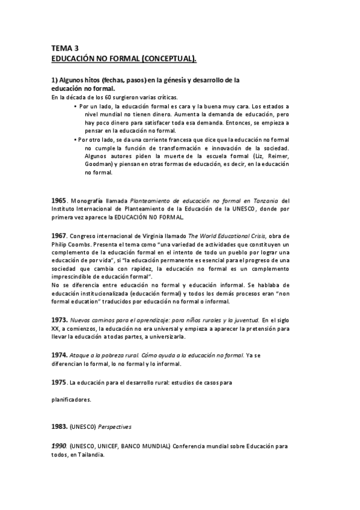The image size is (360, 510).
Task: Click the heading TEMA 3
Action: [x=65, y=48]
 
